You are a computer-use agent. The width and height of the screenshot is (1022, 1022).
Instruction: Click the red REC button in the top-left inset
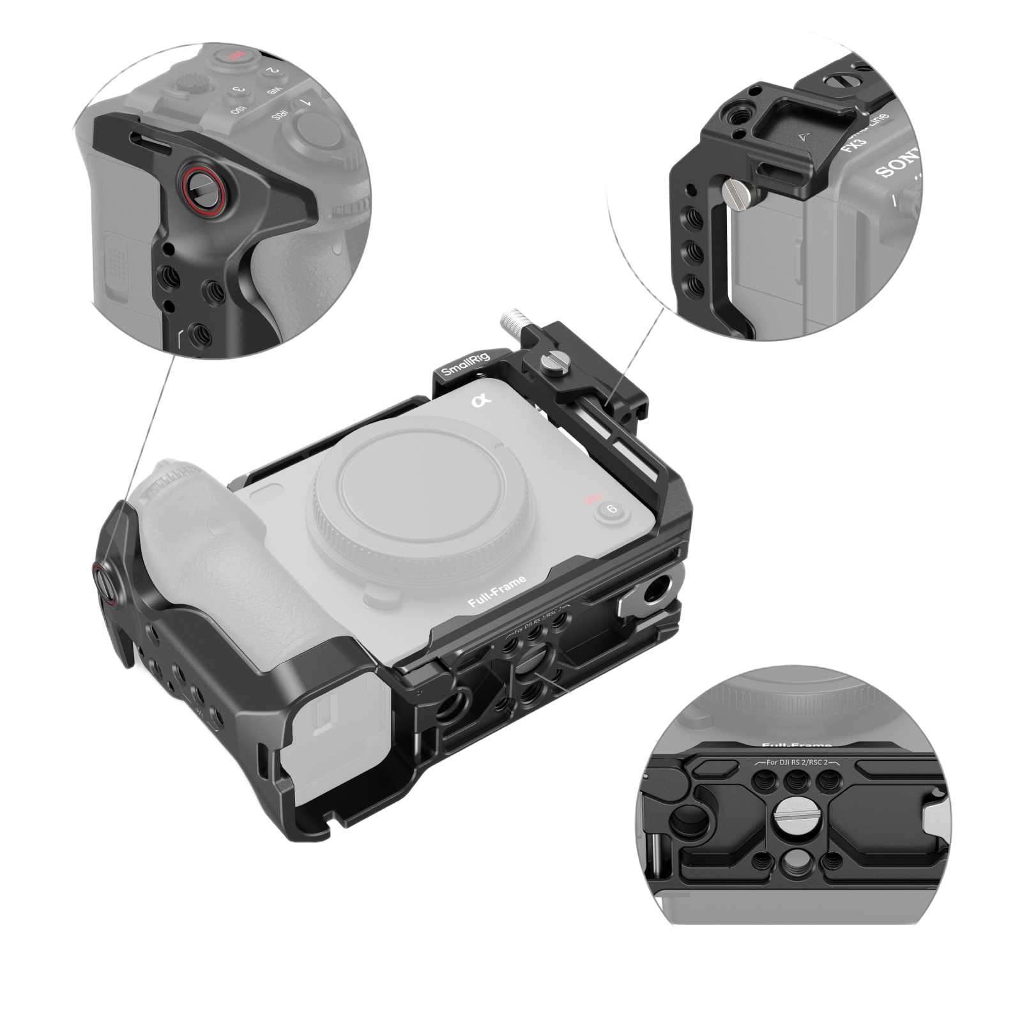pyautogui.click(x=226, y=57)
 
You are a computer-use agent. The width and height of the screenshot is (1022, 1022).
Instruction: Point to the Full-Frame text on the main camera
pyautogui.click(x=497, y=591)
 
